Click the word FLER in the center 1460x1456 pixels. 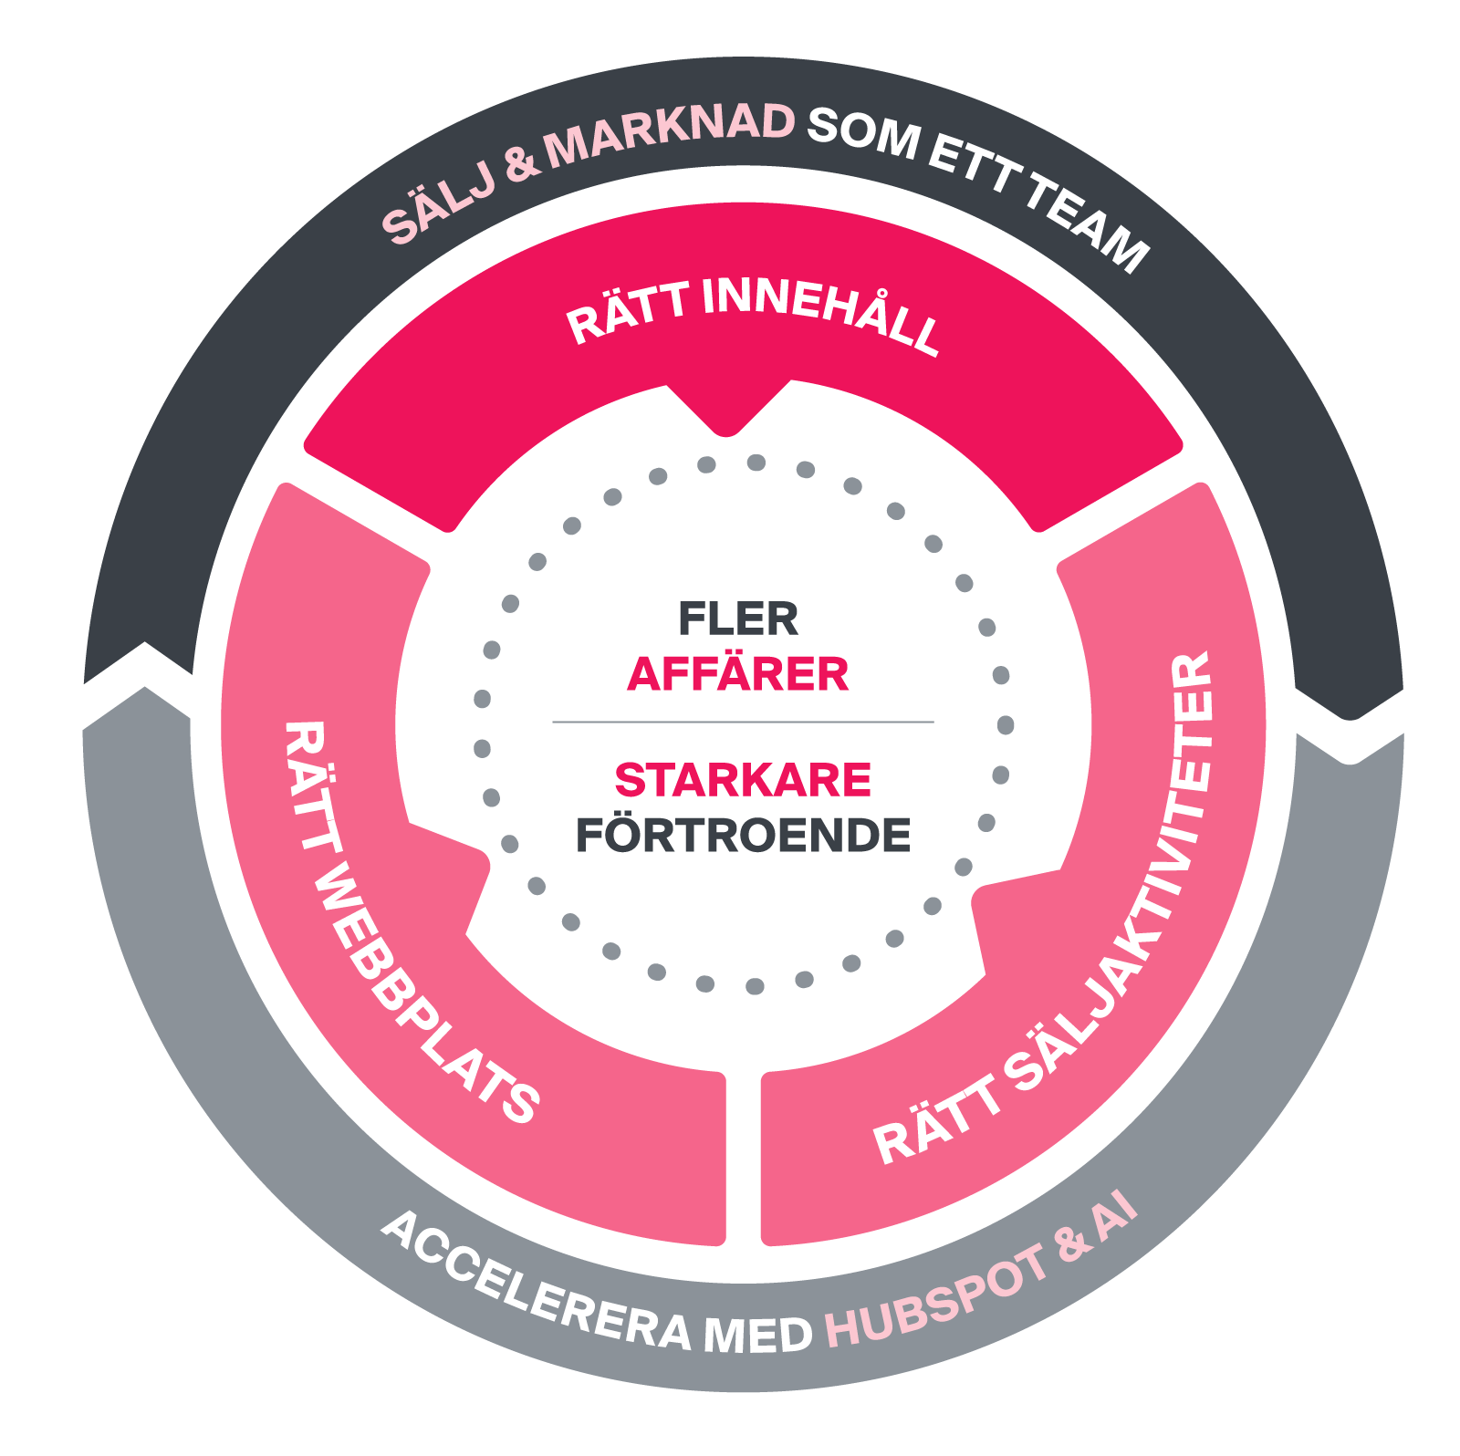(x=738, y=619)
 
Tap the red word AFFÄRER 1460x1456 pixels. (x=738, y=674)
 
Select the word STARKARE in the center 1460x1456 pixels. (x=743, y=780)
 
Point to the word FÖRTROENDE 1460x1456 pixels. (x=743, y=835)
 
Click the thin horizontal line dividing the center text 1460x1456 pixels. (x=743, y=722)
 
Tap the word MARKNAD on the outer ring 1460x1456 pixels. (x=670, y=136)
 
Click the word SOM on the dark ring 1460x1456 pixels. (x=863, y=133)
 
